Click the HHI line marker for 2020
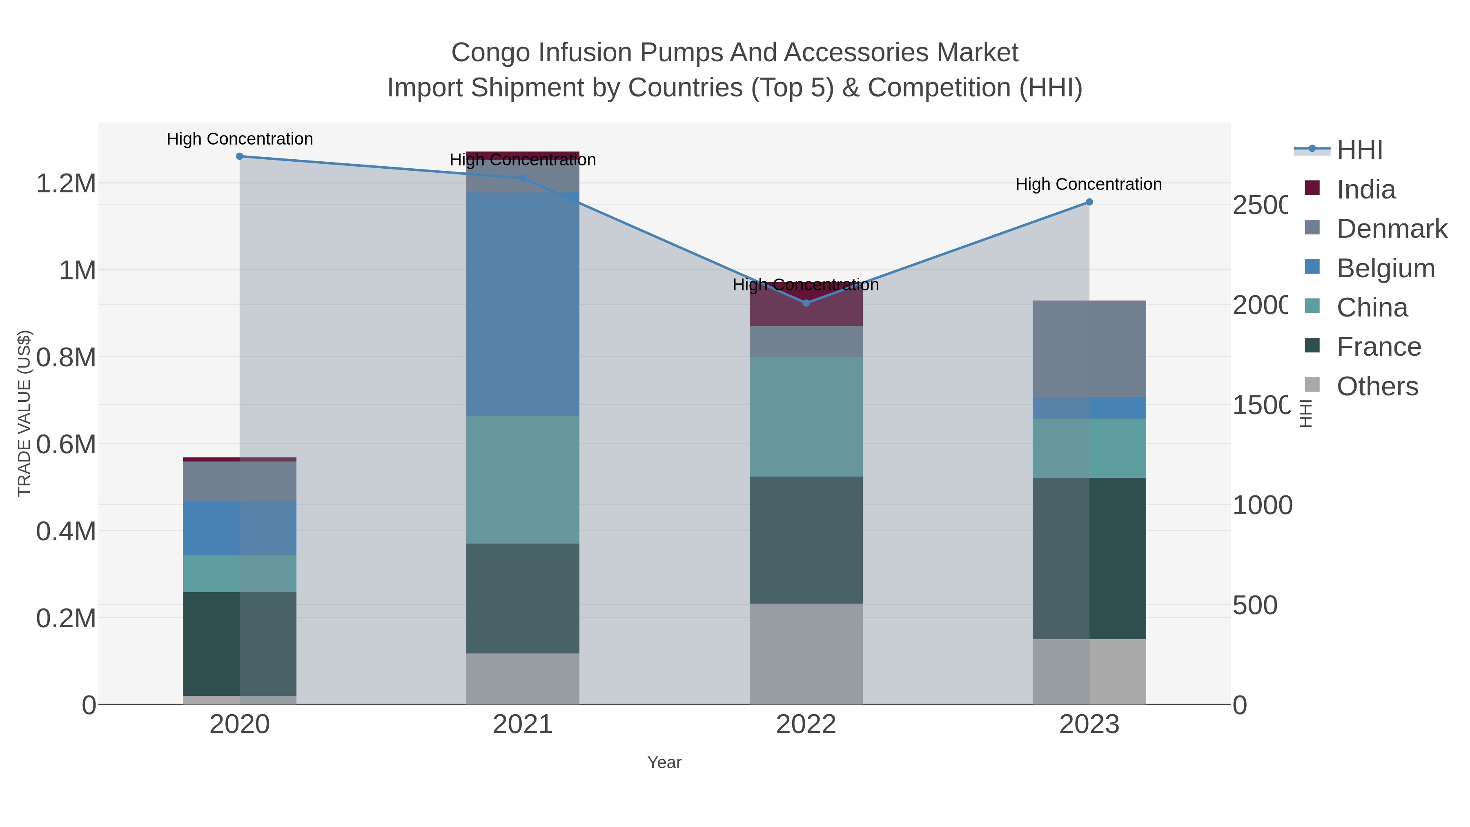click(x=240, y=156)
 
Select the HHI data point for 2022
click(x=806, y=303)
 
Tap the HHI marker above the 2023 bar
click(x=1089, y=202)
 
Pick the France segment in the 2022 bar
click(x=806, y=540)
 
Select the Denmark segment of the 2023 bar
click(x=1089, y=349)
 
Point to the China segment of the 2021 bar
click(x=523, y=479)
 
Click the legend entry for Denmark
click(x=1391, y=229)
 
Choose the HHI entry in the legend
click(x=1359, y=150)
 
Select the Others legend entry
click(x=1377, y=386)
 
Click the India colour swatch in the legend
click(x=1312, y=188)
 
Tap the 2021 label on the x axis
click(x=523, y=725)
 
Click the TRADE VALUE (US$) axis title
click(x=24, y=413)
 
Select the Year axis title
click(x=664, y=762)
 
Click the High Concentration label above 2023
click(x=1088, y=184)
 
